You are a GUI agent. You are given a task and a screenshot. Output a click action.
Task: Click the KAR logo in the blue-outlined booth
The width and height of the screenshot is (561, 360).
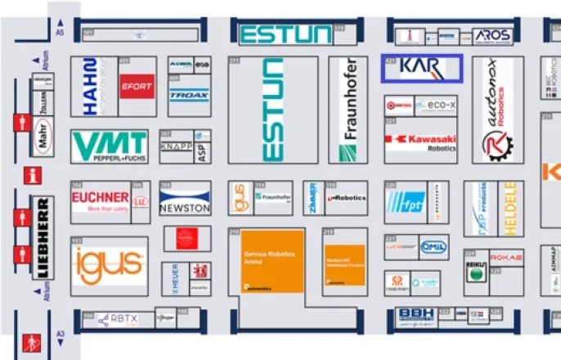coord(421,68)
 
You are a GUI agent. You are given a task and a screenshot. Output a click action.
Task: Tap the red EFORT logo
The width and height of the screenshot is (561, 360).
coord(136,86)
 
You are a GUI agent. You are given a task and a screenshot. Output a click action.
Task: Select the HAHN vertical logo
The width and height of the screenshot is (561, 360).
coord(91,86)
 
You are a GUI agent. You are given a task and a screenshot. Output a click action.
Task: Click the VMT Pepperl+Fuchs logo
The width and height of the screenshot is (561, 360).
coord(110,146)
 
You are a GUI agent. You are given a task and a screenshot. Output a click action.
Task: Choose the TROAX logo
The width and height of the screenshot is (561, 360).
coord(189,95)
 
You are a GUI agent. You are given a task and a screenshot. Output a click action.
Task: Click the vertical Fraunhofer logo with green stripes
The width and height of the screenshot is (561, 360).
coord(348,110)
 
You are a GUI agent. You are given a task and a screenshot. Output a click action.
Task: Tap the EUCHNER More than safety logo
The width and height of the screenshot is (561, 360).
coord(100,201)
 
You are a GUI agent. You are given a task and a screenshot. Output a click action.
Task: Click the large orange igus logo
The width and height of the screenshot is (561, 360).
coord(108,265)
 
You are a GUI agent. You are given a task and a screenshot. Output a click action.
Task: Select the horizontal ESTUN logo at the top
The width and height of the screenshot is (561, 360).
coord(285,34)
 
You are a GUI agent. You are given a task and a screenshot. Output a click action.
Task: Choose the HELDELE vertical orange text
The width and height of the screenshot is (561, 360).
coord(511,209)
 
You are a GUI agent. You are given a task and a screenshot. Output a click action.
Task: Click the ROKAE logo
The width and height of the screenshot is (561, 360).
coord(506,259)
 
